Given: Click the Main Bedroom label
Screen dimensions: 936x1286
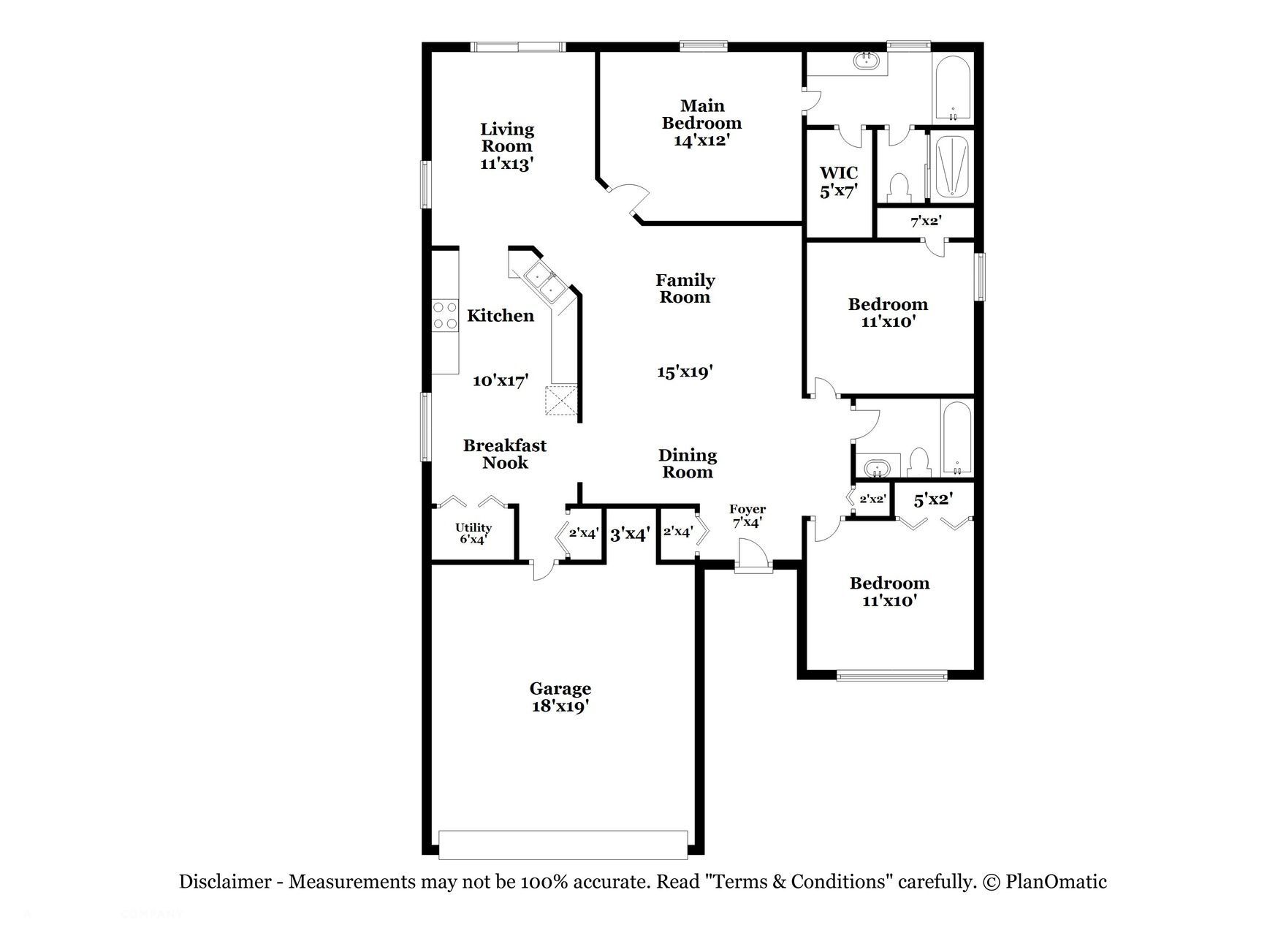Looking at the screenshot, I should tap(701, 123).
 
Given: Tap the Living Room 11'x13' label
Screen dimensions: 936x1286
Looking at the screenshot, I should tap(506, 146).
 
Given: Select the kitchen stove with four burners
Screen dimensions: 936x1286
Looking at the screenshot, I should tap(445, 316).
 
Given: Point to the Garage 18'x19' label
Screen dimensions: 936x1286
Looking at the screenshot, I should tap(560, 697).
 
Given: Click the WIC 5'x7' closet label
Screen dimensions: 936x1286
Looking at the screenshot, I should tap(838, 181).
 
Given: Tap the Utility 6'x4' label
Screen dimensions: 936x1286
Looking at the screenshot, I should tap(473, 533).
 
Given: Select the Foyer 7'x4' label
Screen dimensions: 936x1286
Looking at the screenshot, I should tap(747, 516).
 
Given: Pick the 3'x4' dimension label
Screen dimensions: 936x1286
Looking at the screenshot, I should tap(630, 535).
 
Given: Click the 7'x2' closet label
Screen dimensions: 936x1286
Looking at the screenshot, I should tap(925, 221).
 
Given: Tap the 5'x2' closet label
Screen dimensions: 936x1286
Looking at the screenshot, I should tap(933, 500).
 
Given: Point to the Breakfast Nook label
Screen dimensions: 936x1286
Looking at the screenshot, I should tap(505, 453).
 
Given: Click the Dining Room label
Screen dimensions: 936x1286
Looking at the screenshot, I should tap(688, 464).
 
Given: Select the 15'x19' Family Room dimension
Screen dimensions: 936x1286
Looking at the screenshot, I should tap(685, 372).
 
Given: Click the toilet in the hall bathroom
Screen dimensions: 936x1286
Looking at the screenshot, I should tap(918, 462).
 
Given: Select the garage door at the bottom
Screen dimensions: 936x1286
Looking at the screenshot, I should tap(563, 845).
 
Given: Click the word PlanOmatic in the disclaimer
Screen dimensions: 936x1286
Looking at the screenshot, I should tap(1056, 882).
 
